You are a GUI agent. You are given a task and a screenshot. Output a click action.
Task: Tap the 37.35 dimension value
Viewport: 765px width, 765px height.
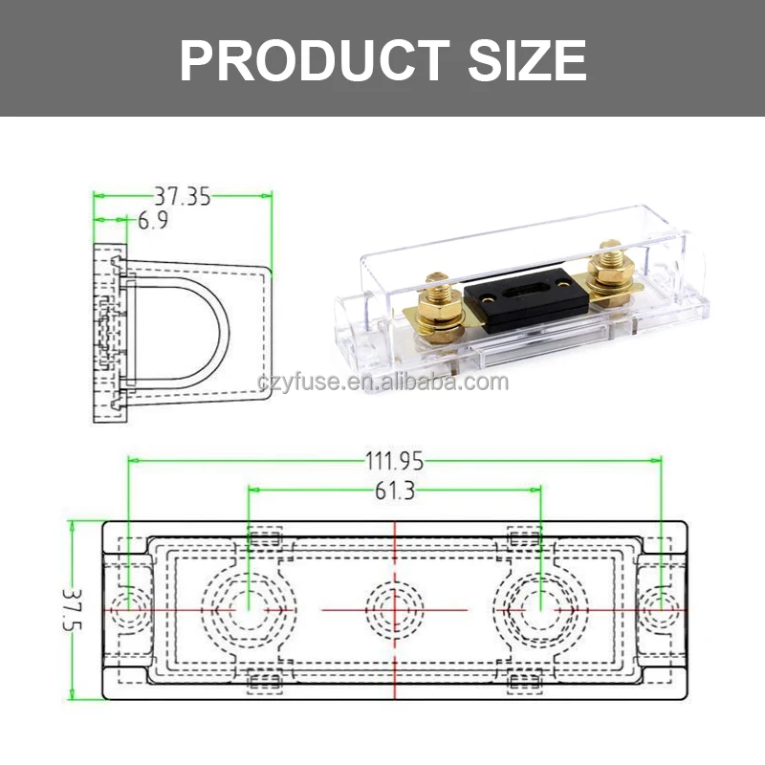(183, 197)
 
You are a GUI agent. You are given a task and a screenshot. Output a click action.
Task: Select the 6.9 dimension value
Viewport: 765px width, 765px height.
(153, 222)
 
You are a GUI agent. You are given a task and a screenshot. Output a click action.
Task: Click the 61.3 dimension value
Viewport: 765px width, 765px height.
(394, 492)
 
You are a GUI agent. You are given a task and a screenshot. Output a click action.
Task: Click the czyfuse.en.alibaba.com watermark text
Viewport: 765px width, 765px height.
(382, 383)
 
